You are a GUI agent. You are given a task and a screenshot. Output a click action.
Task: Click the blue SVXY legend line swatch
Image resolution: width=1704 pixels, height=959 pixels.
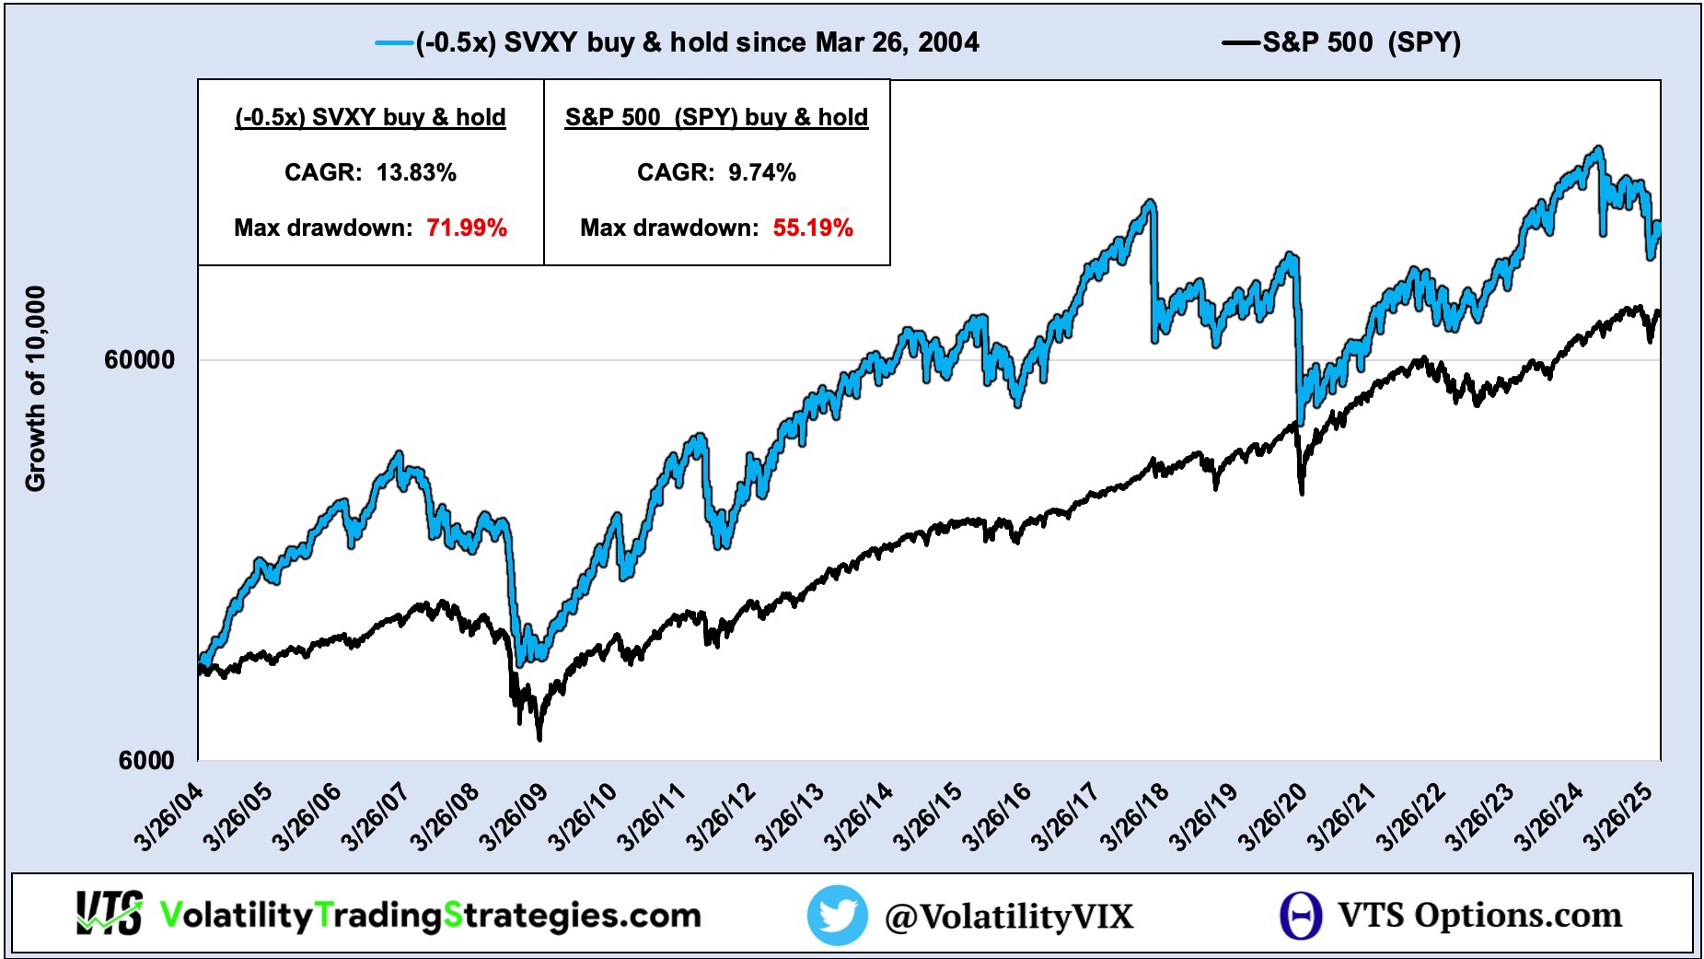394,43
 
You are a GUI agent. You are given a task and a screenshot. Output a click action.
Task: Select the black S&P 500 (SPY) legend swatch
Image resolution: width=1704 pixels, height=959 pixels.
1240,43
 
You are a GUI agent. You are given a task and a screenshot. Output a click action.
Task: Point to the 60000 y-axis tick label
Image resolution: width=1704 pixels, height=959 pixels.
139,359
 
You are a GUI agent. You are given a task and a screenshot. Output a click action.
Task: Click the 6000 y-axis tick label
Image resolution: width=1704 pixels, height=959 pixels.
146,760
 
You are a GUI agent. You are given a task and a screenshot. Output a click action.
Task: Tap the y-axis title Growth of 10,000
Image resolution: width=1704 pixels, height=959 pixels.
35,389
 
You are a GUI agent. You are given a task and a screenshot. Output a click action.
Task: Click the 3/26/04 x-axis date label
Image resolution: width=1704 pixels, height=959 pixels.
168,817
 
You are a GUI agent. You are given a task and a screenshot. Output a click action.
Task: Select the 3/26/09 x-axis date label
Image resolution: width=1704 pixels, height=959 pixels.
514,817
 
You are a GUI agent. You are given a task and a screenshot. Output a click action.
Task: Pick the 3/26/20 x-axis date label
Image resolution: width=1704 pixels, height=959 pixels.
1272,817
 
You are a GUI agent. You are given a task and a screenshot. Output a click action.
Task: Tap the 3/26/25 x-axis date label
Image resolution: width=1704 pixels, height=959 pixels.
1617,817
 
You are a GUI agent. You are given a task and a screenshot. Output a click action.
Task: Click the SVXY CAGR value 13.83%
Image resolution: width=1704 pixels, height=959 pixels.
416,172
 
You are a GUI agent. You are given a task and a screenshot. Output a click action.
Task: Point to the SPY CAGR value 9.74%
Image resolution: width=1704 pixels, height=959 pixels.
762,172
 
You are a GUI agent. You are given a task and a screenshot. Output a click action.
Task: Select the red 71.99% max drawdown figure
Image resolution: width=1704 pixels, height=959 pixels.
467,228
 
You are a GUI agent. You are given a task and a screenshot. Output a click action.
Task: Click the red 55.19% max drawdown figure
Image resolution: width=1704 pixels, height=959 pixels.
813,228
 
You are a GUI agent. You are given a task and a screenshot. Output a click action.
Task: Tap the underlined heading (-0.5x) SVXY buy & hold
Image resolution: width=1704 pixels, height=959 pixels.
370,117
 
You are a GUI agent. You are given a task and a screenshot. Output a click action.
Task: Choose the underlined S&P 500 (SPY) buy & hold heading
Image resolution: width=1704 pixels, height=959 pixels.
716,117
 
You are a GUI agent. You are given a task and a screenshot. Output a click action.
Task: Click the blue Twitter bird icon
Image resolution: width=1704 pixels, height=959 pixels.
837,915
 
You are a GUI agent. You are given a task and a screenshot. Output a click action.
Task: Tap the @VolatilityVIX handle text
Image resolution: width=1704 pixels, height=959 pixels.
1009,916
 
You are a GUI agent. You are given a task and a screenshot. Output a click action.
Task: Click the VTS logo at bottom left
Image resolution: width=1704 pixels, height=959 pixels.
109,914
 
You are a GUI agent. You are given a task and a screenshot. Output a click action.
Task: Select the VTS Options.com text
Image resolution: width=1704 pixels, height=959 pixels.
1479,915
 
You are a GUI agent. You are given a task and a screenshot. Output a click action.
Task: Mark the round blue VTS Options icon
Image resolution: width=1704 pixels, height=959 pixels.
1301,915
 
